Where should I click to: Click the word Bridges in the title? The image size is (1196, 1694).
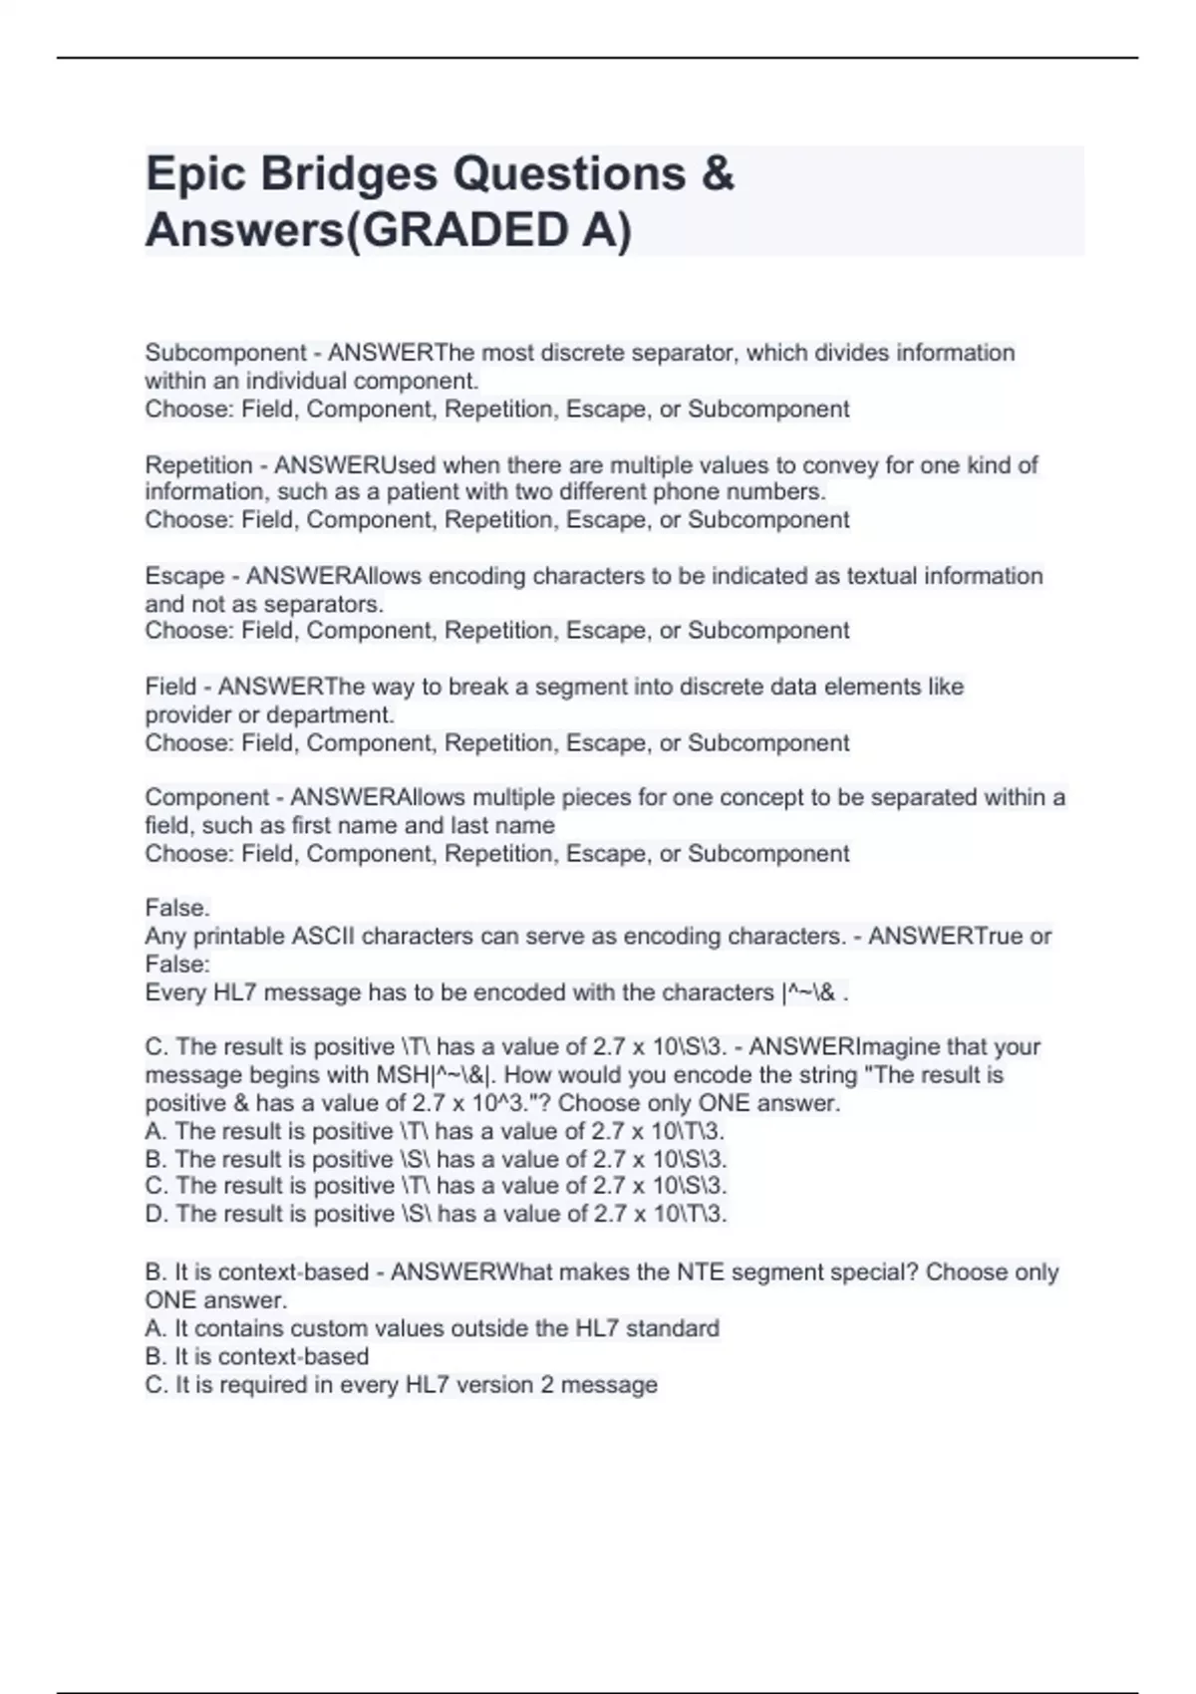[x=352, y=174]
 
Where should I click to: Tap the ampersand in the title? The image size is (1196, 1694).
[x=718, y=174]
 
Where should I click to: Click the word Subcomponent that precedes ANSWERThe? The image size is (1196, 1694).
[x=225, y=353]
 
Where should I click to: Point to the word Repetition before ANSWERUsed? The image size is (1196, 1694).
[x=198, y=464]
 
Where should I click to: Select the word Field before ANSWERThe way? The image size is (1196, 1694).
[x=170, y=687]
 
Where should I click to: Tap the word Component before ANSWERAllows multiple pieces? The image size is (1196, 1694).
[x=206, y=797]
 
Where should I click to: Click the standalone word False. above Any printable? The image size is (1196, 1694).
[x=177, y=908]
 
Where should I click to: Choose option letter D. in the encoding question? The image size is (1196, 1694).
[x=156, y=1214]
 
